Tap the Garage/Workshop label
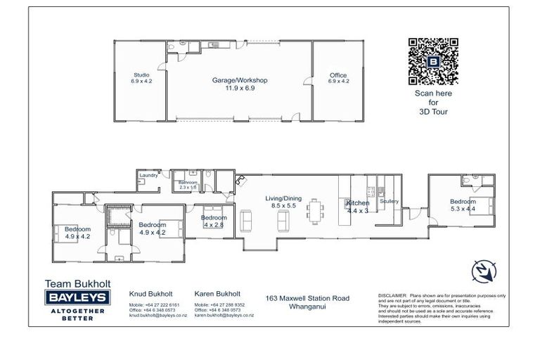(x=240, y=80)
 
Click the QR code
(x=434, y=60)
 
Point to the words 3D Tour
(x=433, y=112)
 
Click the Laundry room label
(x=148, y=175)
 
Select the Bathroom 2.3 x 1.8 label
(x=188, y=184)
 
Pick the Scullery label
(x=389, y=202)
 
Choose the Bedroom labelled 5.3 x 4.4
(x=463, y=205)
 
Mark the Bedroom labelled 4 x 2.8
(x=214, y=221)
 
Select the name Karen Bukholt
(x=217, y=294)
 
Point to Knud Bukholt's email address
(x=154, y=316)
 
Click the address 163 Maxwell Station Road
(x=307, y=298)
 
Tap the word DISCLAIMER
(x=392, y=296)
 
